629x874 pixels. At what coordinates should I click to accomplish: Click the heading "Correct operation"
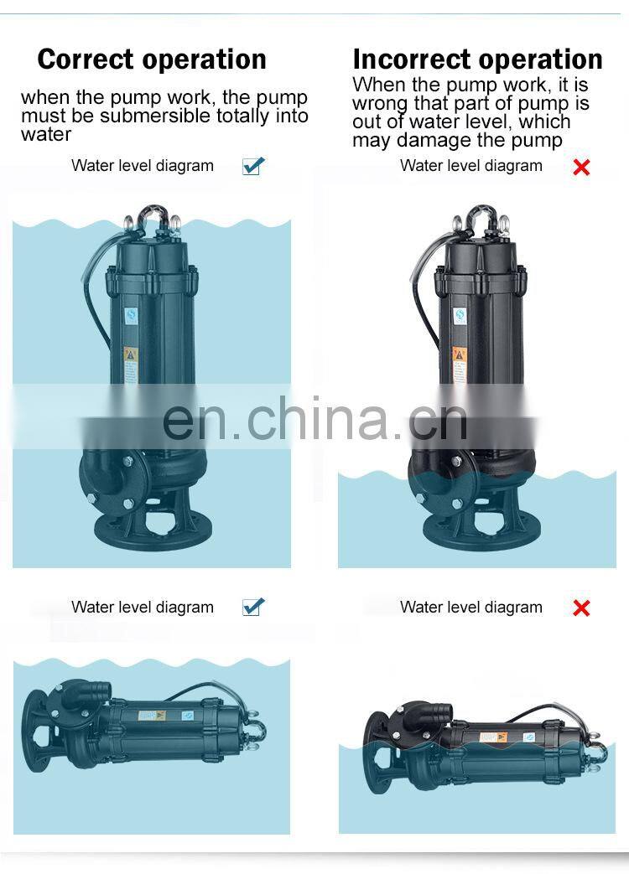click(x=152, y=59)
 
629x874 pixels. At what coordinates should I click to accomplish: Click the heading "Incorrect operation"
click(x=478, y=59)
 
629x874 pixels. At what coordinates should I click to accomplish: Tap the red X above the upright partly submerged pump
click(x=581, y=167)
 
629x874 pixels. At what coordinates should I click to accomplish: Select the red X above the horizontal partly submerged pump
click(x=581, y=608)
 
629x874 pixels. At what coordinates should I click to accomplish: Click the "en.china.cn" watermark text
click(x=315, y=417)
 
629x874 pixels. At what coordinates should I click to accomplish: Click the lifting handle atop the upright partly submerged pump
click(x=481, y=215)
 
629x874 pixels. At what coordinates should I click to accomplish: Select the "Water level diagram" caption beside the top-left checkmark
click(x=143, y=166)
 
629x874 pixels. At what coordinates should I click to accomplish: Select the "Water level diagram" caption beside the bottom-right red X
click(x=471, y=607)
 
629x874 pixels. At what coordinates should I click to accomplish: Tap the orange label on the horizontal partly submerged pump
click(x=494, y=737)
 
